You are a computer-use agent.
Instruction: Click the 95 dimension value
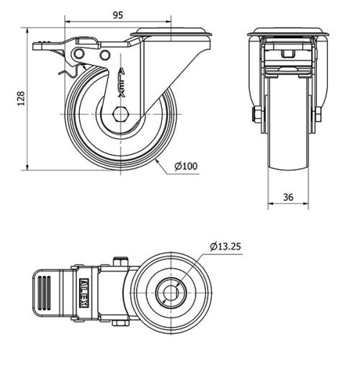pos(118,15)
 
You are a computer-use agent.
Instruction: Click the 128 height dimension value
pos(21,98)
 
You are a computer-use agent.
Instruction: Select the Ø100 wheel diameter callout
pos(186,166)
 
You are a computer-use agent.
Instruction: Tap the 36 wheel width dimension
pos(288,197)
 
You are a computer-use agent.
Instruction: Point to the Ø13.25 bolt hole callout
pos(225,246)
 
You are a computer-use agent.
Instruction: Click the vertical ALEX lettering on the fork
pos(122,82)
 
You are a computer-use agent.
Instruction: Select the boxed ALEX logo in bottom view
pos(84,293)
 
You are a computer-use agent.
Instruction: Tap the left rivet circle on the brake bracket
pos(78,54)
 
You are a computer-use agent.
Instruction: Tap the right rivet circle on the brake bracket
pos(105,55)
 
